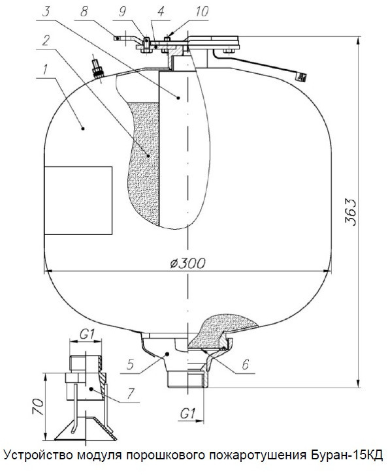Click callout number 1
tap(45, 70)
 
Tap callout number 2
tap(46, 40)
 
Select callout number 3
tap(46, 12)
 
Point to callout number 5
tap(130, 365)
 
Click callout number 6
tap(245, 364)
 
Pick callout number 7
tap(131, 393)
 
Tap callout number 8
tap(84, 12)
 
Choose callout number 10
tap(202, 12)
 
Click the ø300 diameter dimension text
tap(188, 263)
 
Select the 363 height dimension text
tap(350, 212)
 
